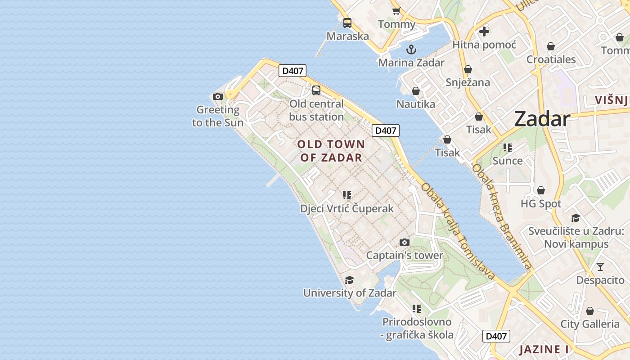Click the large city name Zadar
coord(542,119)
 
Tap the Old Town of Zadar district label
coord(331,151)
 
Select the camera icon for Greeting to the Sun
coord(218,96)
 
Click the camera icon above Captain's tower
coord(404,243)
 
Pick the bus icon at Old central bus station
coord(316,90)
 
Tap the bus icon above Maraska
coord(347,23)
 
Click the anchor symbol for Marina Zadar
coord(411,49)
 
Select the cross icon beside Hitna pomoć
coord(484,31)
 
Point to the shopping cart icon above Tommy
coord(396,11)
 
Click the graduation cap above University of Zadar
coord(349,280)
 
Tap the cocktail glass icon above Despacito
coord(600,267)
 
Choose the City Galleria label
coord(589,324)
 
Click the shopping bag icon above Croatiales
coord(551,46)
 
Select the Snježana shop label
coord(468,82)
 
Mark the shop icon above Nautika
coord(416,91)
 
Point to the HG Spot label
coord(541,204)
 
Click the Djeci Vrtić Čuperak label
coord(346,209)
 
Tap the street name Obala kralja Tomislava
coord(458,232)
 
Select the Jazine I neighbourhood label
coord(544,350)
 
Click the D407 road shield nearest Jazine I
coord(496,336)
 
